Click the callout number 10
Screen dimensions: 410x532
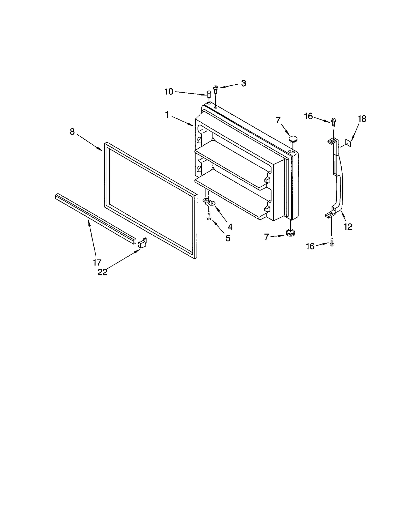pyautogui.click(x=169, y=92)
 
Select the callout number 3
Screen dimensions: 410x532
pyautogui.click(x=243, y=83)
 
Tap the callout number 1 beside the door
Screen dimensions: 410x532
pyautogui.click(x=167, y=115)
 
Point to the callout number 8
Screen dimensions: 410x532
pyautogui.click(x=72, y=132)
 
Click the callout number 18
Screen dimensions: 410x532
pyautogui.click(x=362, y=119)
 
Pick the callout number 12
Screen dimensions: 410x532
pyautogui.click(x=348, y=226)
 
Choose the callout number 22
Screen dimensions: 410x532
pyautogui.click(x=102, y=272)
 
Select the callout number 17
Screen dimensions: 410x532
pyautogui.click(x=97, y=262)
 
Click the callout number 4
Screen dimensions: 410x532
pyautogui.click(x=230, y=227)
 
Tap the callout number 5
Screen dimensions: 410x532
pyautogui.click(x=228, y=238)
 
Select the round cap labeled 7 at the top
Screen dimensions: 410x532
pyautogui.click(x=293, y=140)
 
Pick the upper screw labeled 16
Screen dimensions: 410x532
pyautogui.click(x=333, y=122)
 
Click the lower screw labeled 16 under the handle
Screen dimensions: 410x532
pyautogui.click(x=332, y=242)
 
